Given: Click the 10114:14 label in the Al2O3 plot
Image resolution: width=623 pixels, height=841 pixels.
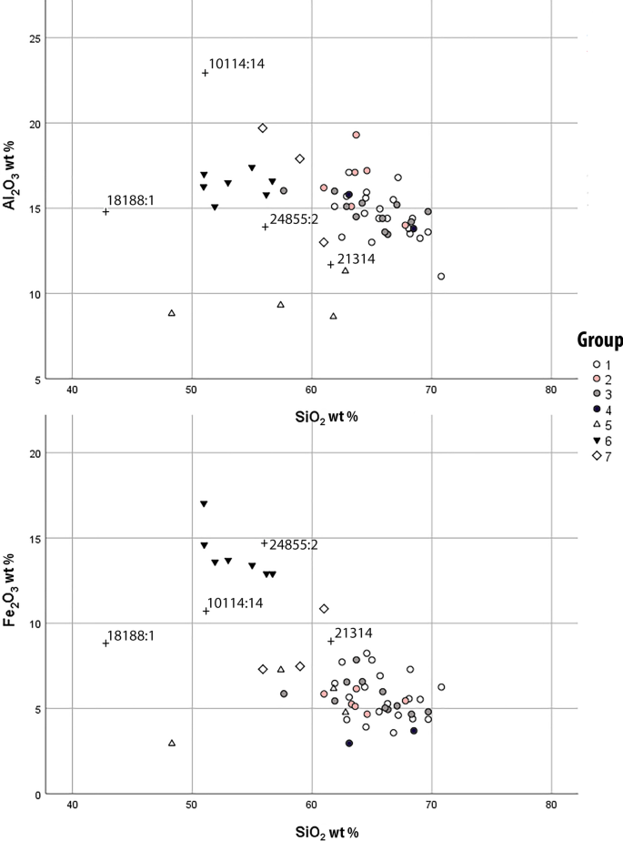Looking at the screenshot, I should (x=236, y=65).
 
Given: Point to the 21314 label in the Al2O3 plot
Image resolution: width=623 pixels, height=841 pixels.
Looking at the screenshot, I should (x=357, y=258).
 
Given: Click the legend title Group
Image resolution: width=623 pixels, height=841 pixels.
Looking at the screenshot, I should (x=599, y=340).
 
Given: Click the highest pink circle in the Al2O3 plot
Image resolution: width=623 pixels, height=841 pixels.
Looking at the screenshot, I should (x=357, y=135).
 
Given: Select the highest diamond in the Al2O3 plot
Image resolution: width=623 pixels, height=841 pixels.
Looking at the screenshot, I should (x=262, y=128).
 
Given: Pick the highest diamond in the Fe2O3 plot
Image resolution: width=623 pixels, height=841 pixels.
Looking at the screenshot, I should (x=324, y=608).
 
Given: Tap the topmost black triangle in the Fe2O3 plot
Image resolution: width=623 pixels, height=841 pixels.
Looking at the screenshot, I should (x=204, y=504).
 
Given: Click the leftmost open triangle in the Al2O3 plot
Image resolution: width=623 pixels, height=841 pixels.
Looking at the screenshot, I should (x=172, y=313).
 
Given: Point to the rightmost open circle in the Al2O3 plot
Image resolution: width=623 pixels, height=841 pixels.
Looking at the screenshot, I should (x=441, y=276).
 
